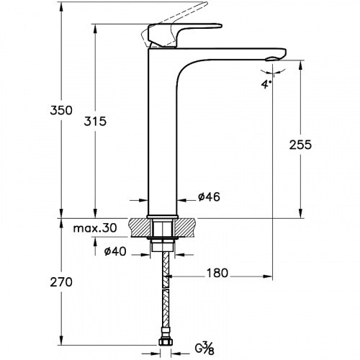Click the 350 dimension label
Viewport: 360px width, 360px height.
pyautogui.click(x=61, y=110)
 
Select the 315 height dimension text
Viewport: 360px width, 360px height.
pyautogui.click(x=95, y=121)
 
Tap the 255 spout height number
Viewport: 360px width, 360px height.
pyautogui.click(x=300, y=145)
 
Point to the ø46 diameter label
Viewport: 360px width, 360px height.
pyautogui.click(x=209, y=197)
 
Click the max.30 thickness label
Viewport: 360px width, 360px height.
pyautogui.click(x=95, y=228)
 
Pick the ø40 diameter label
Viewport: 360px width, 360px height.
pyautogui.click(x=115, y=251)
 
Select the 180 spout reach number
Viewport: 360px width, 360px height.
pyautogui.click(x=217, y=273)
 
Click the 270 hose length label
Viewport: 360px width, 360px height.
pyautogui.click(x=61, y=282)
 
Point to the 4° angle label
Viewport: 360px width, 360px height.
pyautogui.click(x=266, y=84)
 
